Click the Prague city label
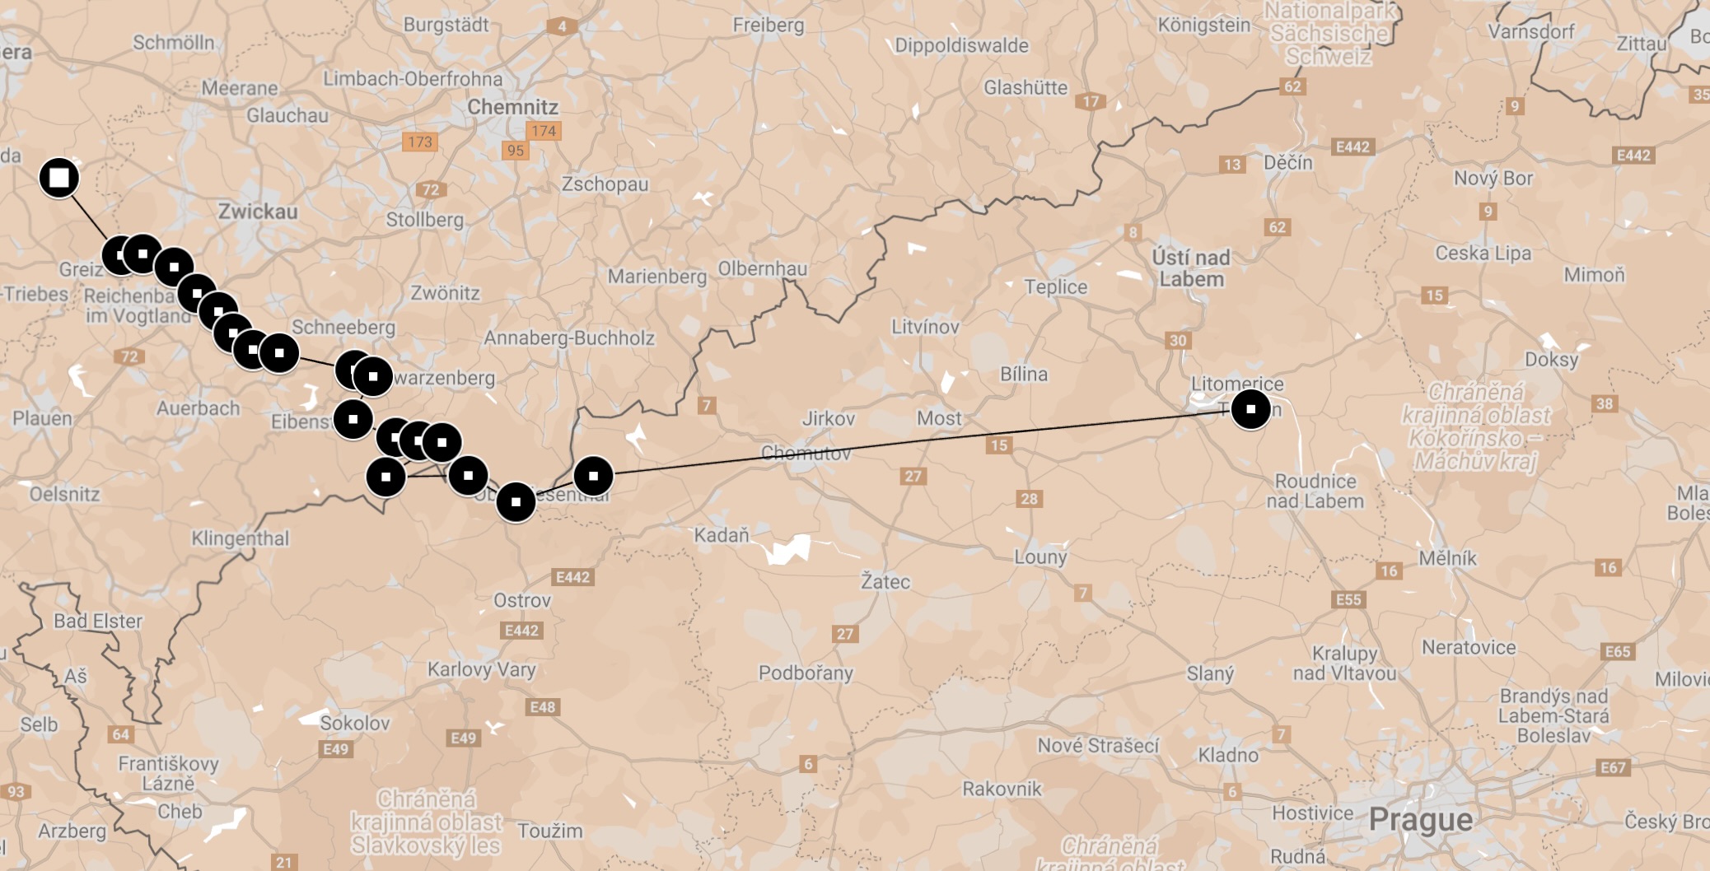pyautogui.click(x=1420, y=819)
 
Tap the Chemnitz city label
pyautogui.click(x=512, y=107)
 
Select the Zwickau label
pyautogui.click(x=258, y=212)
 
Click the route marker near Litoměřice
pyautogui.click(x=1250, y=409)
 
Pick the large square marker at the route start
pyautogui.click(x=59, y=178)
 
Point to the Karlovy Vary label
pyautogui.click(x=481, y=669)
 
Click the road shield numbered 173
pyautogui.click(x=420, y=142)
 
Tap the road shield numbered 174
pyautogui.click(x=544, y=131)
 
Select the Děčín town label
pyautogui.click(x=1288, y=162)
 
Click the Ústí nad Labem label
pyautogui.click(x=1191, y=268)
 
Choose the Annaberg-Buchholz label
pyautogui.click(x=569, y=338)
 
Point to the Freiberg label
pyautogui.click(x=769, y=26)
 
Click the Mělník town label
pyautogui.click(x=1447, y=558)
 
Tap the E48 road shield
pyautogui.click(x=543, y=707)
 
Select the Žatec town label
pyautogui.click(x=885, y=581)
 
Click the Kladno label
pyautogui.click(x=1228, y=755)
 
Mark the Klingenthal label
pyautogui.click(x=241, y=538)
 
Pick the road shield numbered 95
pyautogui.click(x=516, y=151)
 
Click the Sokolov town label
pyautogui.click(x=354, y=723)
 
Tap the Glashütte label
pyautogui.click(x=1026, y=87)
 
